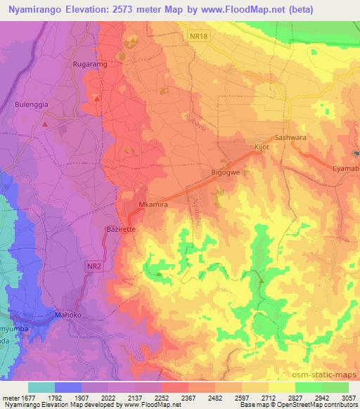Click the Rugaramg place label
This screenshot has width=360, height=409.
(90, 64)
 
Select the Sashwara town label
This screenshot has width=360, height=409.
(290, 138)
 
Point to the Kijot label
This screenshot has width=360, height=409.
(261, 148)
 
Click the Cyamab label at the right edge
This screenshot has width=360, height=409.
(346, 169)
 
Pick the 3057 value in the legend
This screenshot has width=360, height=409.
(348, 398)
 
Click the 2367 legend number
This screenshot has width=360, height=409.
(188, 398)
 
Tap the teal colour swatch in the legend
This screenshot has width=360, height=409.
(41, 387)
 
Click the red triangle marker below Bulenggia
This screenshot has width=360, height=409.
(44, 124)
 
